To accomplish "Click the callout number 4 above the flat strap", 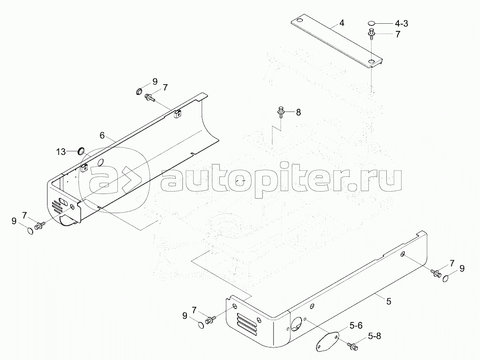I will click(x=342, y=23).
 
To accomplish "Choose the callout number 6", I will click(x=102, y=136).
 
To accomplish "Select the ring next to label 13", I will click(x=82, y=150).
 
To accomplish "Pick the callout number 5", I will click(x=389, y=301).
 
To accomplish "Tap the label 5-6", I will click(x=356, y=326).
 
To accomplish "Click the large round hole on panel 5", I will click(x=296, y=325).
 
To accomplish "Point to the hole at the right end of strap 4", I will click(x=372, y=62).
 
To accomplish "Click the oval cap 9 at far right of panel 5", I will click(x=446, y=279).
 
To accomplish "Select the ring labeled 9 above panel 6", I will click(x=139, y=92).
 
